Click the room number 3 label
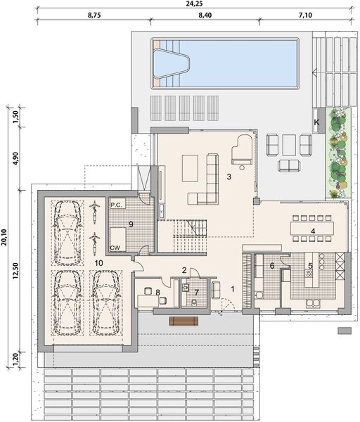tap(229, 177)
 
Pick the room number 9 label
tap(131, 225)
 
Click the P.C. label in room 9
tap(116, 204)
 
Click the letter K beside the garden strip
tap(316, 122)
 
